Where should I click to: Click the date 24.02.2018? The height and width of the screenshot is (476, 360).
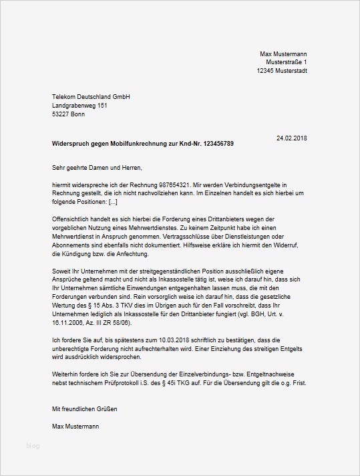pyautogui.click(x=292, y=138)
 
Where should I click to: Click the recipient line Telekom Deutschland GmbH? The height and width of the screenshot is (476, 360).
pyautogui.click(x=91, y=97)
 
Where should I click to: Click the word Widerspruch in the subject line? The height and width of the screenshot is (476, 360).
pyautogui.click(x=71, y=144)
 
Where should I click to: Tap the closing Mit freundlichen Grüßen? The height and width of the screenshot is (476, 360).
pyautogui.click(x=88, y=408)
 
